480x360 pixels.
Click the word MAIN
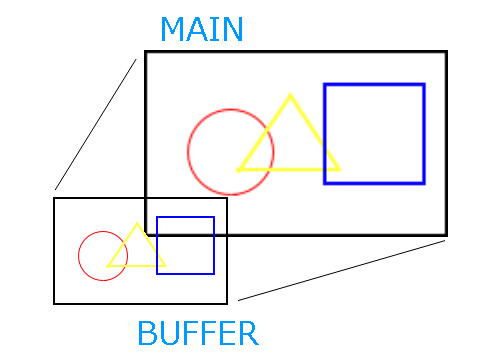[202, 29]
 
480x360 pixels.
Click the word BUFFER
[198, 333]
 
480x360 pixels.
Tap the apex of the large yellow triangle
[290, 95]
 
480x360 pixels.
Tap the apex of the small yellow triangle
[137, 224]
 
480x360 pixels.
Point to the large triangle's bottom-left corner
[237, 170]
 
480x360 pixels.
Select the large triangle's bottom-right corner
[340, 169]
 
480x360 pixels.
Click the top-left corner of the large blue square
[325, 85]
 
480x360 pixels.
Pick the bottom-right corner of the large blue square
[424, 183]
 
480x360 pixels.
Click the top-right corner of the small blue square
[214, 217]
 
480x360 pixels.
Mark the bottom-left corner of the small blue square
[157, 274]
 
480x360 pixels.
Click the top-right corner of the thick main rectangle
[446, 52]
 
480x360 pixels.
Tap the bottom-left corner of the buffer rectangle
[54, 303]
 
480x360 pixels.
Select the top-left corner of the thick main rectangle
[146, 52]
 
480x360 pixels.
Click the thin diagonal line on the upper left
[96, 125]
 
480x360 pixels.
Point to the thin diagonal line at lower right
[341, 270]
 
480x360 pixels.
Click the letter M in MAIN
[173, 29]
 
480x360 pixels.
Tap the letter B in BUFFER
[146, 333]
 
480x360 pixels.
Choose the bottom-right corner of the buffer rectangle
[227, 303]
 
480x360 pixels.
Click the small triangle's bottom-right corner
[165, 266]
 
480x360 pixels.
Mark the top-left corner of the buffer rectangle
[54, 198]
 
